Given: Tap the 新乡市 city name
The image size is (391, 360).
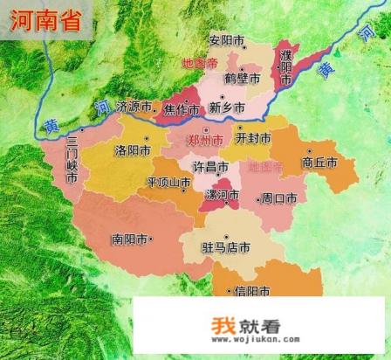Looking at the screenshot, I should [228, 109].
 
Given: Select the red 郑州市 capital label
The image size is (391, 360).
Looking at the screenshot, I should [207, 140].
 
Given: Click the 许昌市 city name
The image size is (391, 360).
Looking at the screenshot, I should [211, 166].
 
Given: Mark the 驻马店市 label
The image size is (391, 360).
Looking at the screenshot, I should [226, 247].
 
